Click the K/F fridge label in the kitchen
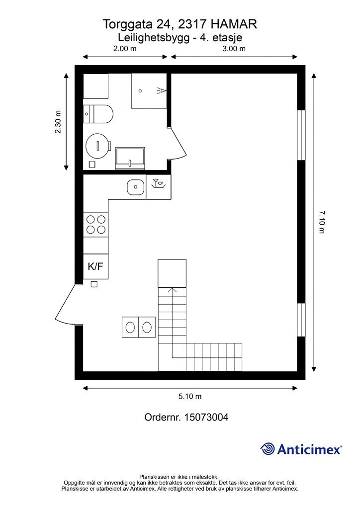click(x=95, y=267)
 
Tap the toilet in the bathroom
click(x=98, y=114)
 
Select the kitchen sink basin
click(x=136, y=187)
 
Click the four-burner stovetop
click(x=96, y=224)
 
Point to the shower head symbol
click(x=162, y=90)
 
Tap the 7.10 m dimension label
click(x=321, y=222)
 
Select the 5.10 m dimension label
click(x=190, y=396)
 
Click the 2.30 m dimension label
click(x=58, y=122)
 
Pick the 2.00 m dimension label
click(x=125, y=49)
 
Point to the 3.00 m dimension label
click(x=234, y=49)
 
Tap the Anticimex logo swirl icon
click(x=268, y=449)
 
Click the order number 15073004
click(x=206, y=417)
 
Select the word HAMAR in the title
click(x=234, y=24)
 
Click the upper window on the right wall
click(x=301, y=135)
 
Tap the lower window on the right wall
click(x=301, y=320)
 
